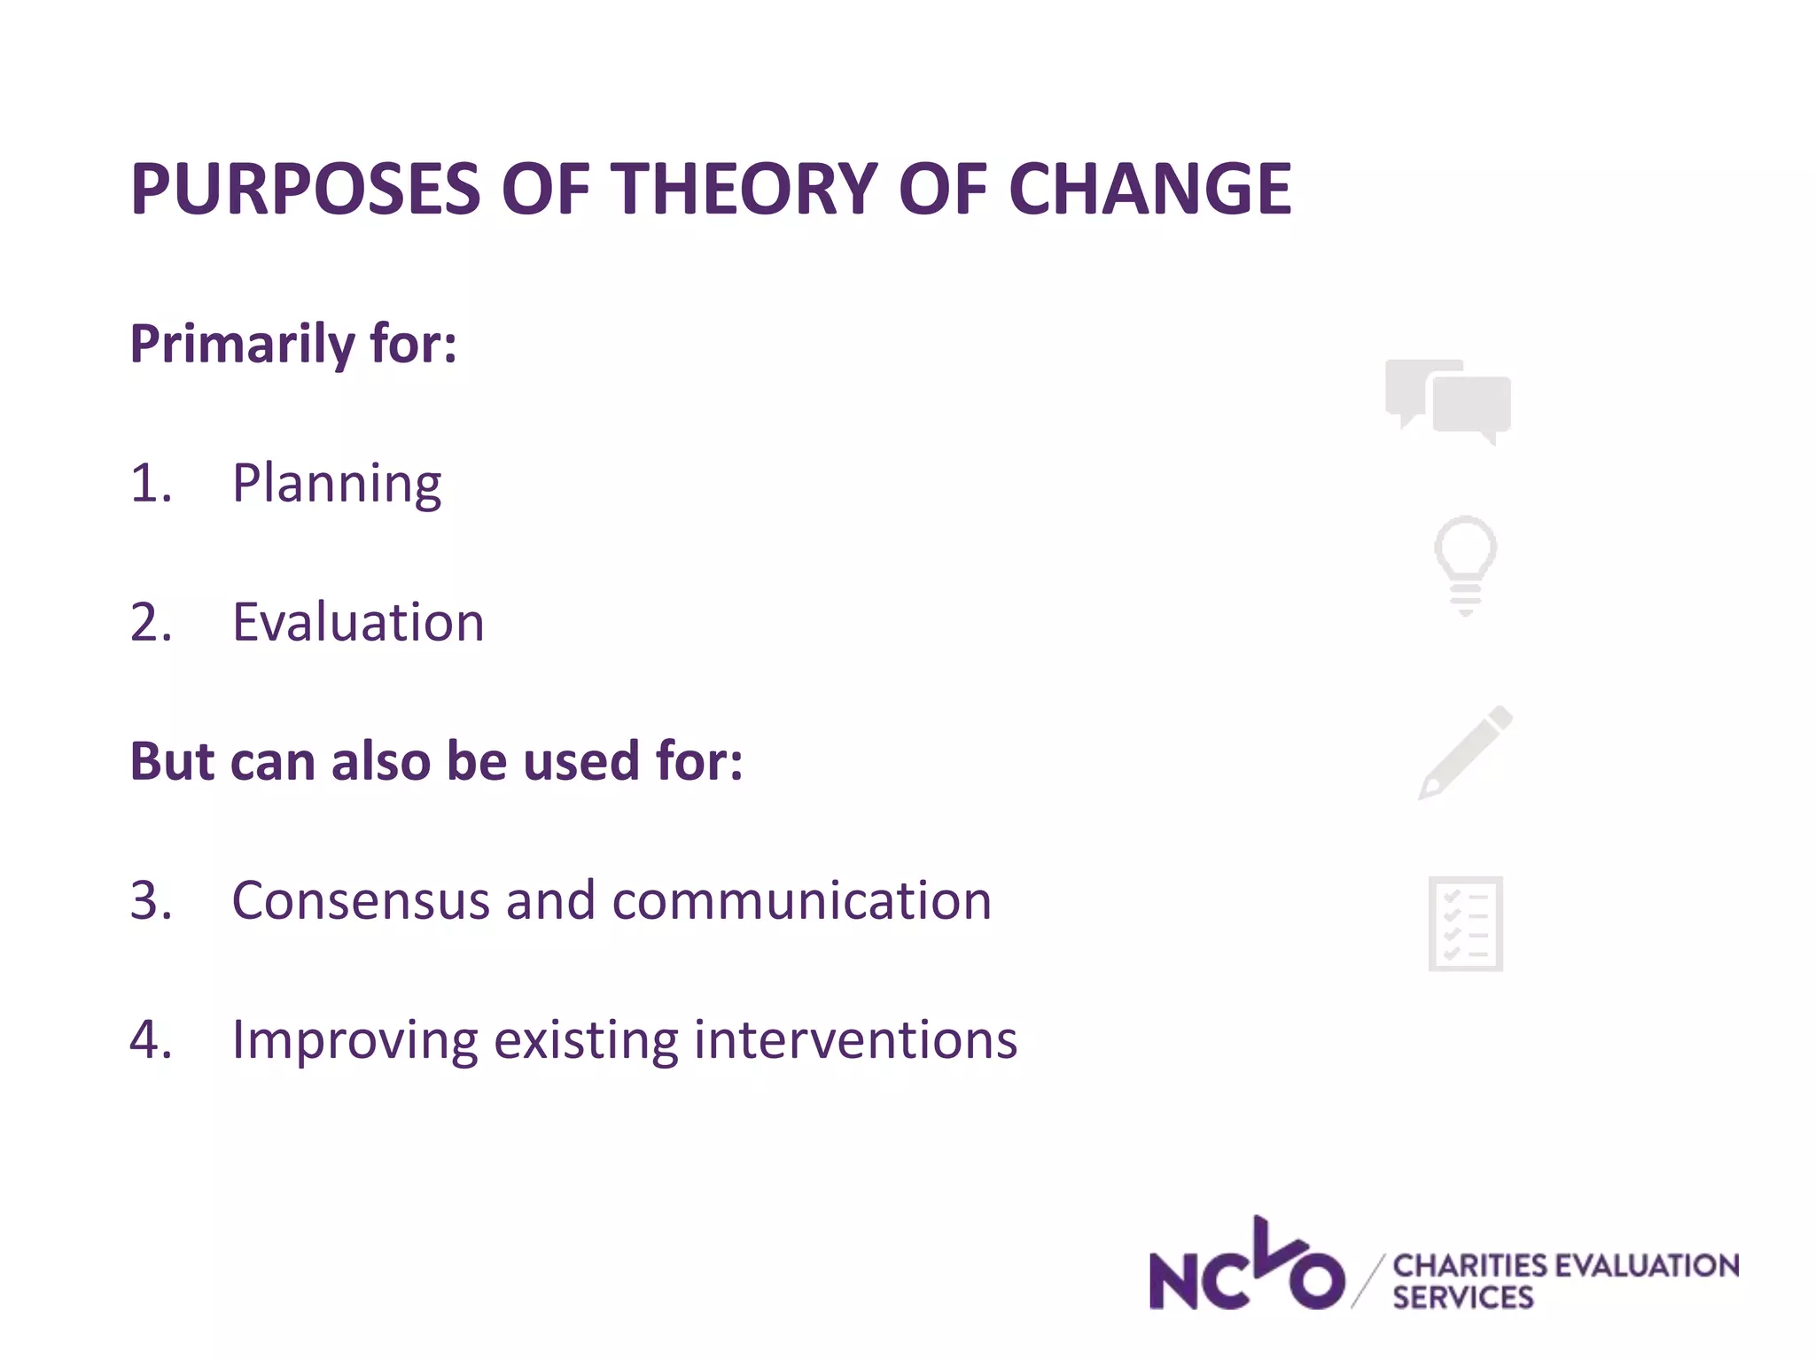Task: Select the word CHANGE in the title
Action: [1149, 190]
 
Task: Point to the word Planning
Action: [337, 484]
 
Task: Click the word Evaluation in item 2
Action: [358, 622]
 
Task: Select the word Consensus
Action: [361, 900]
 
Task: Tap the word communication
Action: [801, 900]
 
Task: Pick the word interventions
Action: [855, 1040]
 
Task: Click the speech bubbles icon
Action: [1449, 401]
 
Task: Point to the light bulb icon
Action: [1466, 564]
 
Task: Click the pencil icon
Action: [1466, 752]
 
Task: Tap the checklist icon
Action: [1466, 924]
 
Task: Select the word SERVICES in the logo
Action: [1462, 1298]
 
